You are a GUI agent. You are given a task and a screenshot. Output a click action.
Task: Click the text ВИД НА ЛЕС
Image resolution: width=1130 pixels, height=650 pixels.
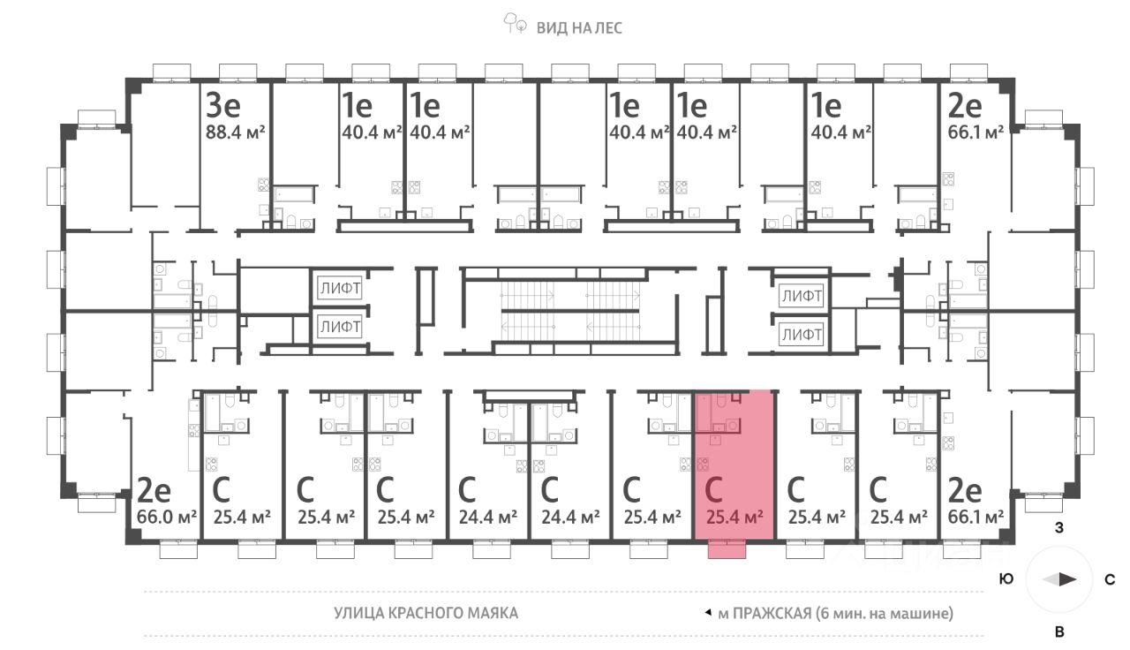579,27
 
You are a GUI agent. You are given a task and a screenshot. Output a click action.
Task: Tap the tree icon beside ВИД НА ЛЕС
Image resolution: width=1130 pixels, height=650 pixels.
515,24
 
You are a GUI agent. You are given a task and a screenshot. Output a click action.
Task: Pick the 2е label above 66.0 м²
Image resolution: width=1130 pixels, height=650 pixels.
154,488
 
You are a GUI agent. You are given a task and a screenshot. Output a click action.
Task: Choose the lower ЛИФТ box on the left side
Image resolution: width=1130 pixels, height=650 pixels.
341,327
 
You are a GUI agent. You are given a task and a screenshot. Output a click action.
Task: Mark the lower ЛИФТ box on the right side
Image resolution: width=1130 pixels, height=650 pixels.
801,335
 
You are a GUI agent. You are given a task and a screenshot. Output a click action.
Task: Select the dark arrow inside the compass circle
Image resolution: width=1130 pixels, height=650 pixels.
1066,580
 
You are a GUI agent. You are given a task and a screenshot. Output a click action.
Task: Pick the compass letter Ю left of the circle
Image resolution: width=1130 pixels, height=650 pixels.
1006,580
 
